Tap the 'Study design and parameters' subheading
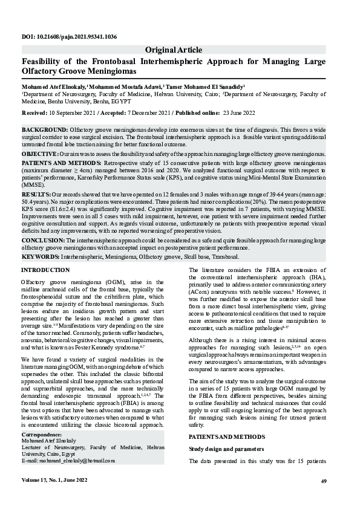[x=226, y=449]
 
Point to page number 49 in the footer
[x=324, y=481]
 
